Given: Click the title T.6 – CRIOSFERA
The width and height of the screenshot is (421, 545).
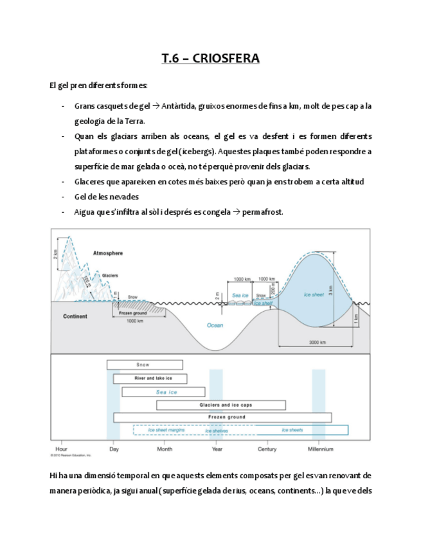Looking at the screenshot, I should [210, 59].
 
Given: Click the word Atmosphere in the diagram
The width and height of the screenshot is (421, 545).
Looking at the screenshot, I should [108, 253].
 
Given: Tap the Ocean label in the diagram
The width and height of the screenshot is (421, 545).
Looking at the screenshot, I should [215, 325].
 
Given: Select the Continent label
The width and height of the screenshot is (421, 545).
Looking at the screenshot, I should [75, 316].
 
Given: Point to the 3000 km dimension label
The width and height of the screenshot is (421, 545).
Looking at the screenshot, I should [318, 343].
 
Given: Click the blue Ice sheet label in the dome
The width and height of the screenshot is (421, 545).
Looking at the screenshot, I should [314, 294].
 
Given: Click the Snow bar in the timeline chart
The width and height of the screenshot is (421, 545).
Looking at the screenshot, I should [144, 364].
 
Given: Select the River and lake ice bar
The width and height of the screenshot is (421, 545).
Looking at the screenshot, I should [151, 379].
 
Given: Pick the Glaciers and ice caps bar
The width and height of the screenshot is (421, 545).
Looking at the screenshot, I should [221, 405].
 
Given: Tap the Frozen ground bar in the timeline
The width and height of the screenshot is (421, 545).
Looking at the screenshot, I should [222, 417].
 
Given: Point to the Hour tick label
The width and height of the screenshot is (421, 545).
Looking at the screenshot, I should [62, 449].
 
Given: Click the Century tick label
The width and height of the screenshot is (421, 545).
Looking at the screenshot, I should [267, 449].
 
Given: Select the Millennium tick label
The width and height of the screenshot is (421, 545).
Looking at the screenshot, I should [320, 449].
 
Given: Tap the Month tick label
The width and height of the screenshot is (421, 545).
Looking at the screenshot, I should [165, 449].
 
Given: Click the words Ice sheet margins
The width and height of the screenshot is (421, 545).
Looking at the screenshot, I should [166, 430].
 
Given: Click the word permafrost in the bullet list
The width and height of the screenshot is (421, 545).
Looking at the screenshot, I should [262, 212].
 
